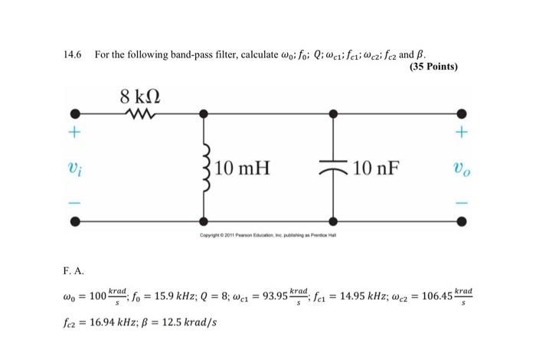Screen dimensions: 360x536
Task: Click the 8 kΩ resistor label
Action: [x=140, y=98]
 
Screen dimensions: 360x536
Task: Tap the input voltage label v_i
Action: [x=75, y=168]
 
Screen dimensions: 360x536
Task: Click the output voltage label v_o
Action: [x=462, y=168]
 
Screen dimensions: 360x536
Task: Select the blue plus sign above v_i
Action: [x=75, y=132]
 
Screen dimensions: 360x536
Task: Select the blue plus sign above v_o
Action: [x=462, y=132]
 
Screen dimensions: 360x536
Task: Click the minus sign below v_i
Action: [x=75, y=203]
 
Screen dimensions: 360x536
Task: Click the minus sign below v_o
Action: [x=462, y=203]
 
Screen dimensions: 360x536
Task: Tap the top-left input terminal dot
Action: [x=75, y=114]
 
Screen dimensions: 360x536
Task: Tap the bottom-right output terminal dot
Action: [x=462, y=222]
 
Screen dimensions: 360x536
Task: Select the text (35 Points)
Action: [x=434, y=66]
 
